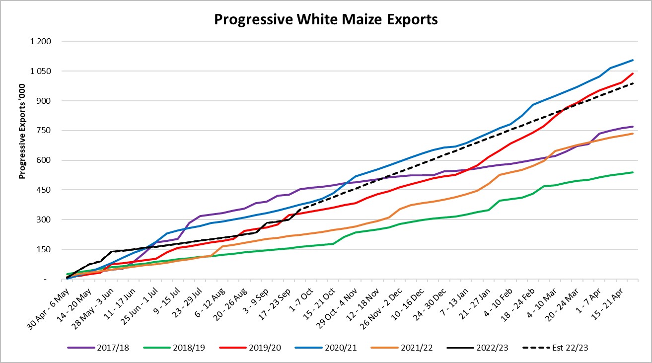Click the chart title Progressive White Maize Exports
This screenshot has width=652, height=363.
[x=326, y=19]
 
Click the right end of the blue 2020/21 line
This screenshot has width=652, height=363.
[x=632, y=60]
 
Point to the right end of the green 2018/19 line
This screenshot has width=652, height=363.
[x=632, y=172]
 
